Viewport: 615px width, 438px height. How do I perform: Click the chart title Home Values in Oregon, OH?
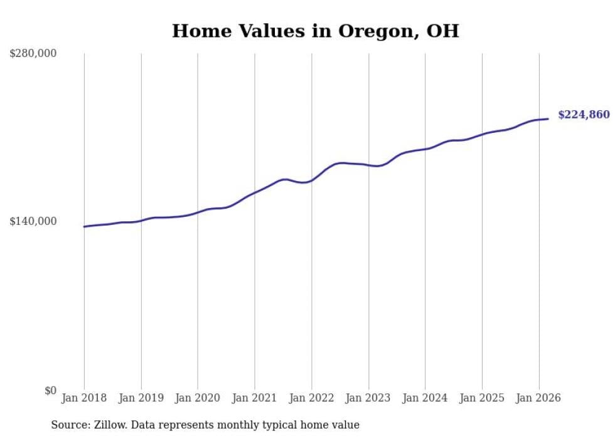point(315,31)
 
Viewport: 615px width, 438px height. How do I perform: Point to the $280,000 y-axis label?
point(33,54)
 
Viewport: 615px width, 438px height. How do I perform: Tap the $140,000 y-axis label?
point(33,221)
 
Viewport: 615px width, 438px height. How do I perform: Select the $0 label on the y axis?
point(50,390)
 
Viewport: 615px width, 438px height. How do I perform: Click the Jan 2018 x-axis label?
point(84,398)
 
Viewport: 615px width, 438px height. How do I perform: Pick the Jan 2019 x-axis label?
point(141,398)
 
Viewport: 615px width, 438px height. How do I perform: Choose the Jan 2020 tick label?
point(198,398)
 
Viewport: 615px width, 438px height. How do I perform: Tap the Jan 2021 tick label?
point(254,398)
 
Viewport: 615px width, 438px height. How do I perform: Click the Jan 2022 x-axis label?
point(311,398)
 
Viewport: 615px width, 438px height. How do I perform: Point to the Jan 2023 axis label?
point(368,398)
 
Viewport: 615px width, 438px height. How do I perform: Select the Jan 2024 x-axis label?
point(425,398)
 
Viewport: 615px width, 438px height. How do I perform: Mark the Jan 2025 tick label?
point(481,398)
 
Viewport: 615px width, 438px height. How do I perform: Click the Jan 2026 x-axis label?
point(538,398)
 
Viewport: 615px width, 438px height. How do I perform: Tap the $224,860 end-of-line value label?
point(584,115)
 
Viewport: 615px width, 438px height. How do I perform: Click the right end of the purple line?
point(548,118)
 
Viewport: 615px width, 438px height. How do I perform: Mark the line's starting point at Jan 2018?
point(84,226)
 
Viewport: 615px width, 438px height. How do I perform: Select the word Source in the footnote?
point(67,425)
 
